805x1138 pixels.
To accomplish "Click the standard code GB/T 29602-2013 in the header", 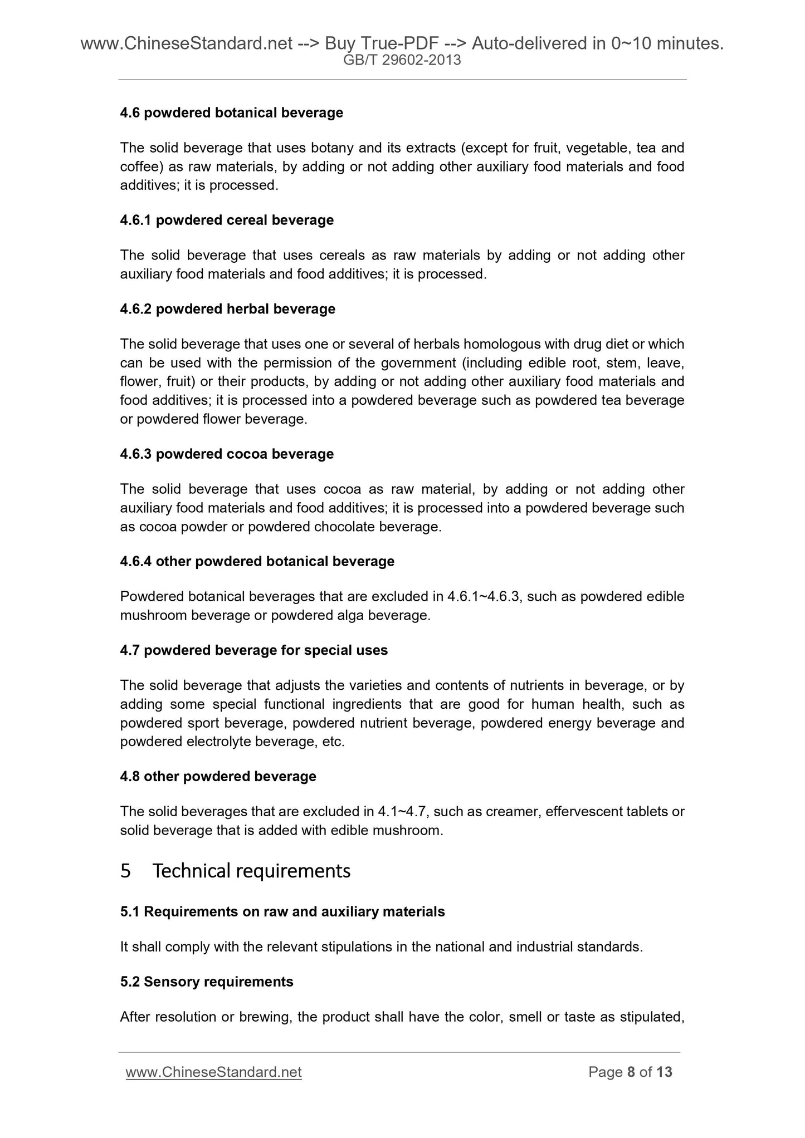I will coord(402,60).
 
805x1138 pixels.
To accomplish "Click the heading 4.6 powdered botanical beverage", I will coord(231,113).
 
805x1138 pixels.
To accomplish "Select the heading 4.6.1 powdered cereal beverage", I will coord(227,220).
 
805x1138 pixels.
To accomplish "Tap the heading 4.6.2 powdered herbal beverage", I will coord(227,309).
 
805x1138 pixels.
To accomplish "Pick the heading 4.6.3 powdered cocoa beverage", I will coord(227,454).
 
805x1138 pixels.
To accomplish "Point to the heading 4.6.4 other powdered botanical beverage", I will coord(257,562).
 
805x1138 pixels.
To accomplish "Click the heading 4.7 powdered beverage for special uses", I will coord(253,651).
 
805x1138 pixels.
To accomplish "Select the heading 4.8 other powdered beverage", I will coord(218,777).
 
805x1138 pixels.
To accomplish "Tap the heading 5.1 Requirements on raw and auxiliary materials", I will coord(282,912).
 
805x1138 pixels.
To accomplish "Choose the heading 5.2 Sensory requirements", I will coord(207,982).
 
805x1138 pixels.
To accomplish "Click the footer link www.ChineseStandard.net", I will coord(214,1072).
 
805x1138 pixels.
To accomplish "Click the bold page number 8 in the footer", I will coord(631,1072).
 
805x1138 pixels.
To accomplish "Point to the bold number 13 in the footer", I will coord(664,1072).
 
